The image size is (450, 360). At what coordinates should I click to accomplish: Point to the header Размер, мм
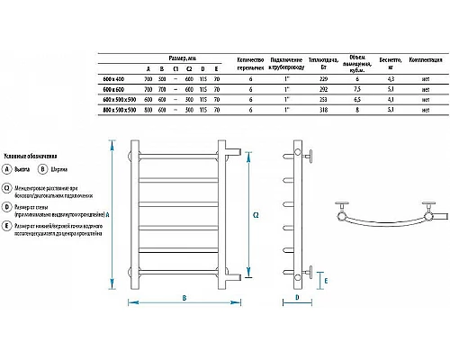tap(185, 57)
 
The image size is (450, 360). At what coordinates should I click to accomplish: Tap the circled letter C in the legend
tap(7, 187)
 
